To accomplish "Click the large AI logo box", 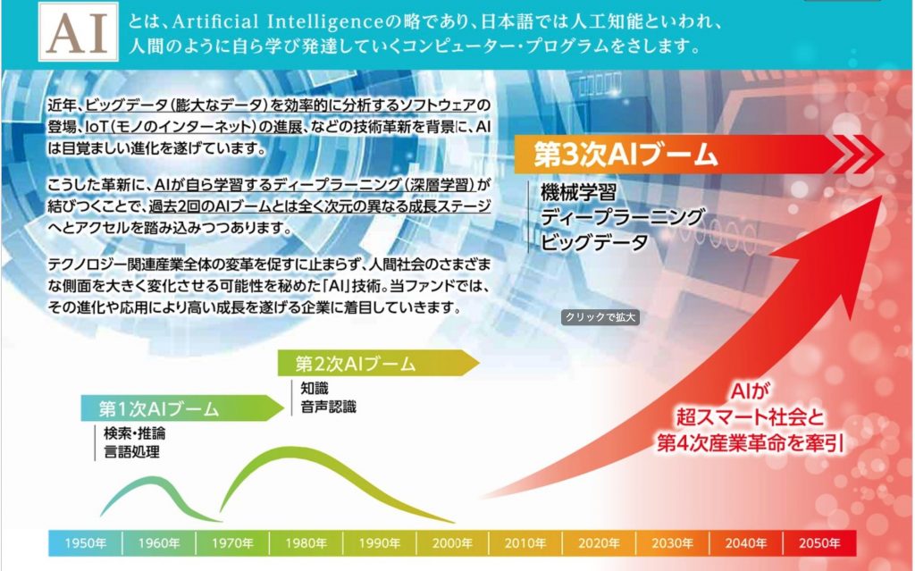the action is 79,31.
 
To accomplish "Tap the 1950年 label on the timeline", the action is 85,543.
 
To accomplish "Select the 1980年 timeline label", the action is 306,543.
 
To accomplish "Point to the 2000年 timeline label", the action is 453,543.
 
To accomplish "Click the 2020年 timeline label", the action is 600,543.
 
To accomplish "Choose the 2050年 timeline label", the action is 819,543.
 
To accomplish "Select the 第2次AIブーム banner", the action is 378,363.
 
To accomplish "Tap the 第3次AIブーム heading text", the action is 626,155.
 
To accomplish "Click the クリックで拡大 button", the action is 600,317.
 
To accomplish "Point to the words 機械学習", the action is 578,192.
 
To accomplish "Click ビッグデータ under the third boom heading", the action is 594,242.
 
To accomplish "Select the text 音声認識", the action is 328,407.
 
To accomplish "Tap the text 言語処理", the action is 131,452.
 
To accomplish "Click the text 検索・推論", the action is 134,433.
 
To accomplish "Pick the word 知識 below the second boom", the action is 315,388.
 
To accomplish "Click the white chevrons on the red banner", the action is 856,154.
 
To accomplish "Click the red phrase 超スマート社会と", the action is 751,417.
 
